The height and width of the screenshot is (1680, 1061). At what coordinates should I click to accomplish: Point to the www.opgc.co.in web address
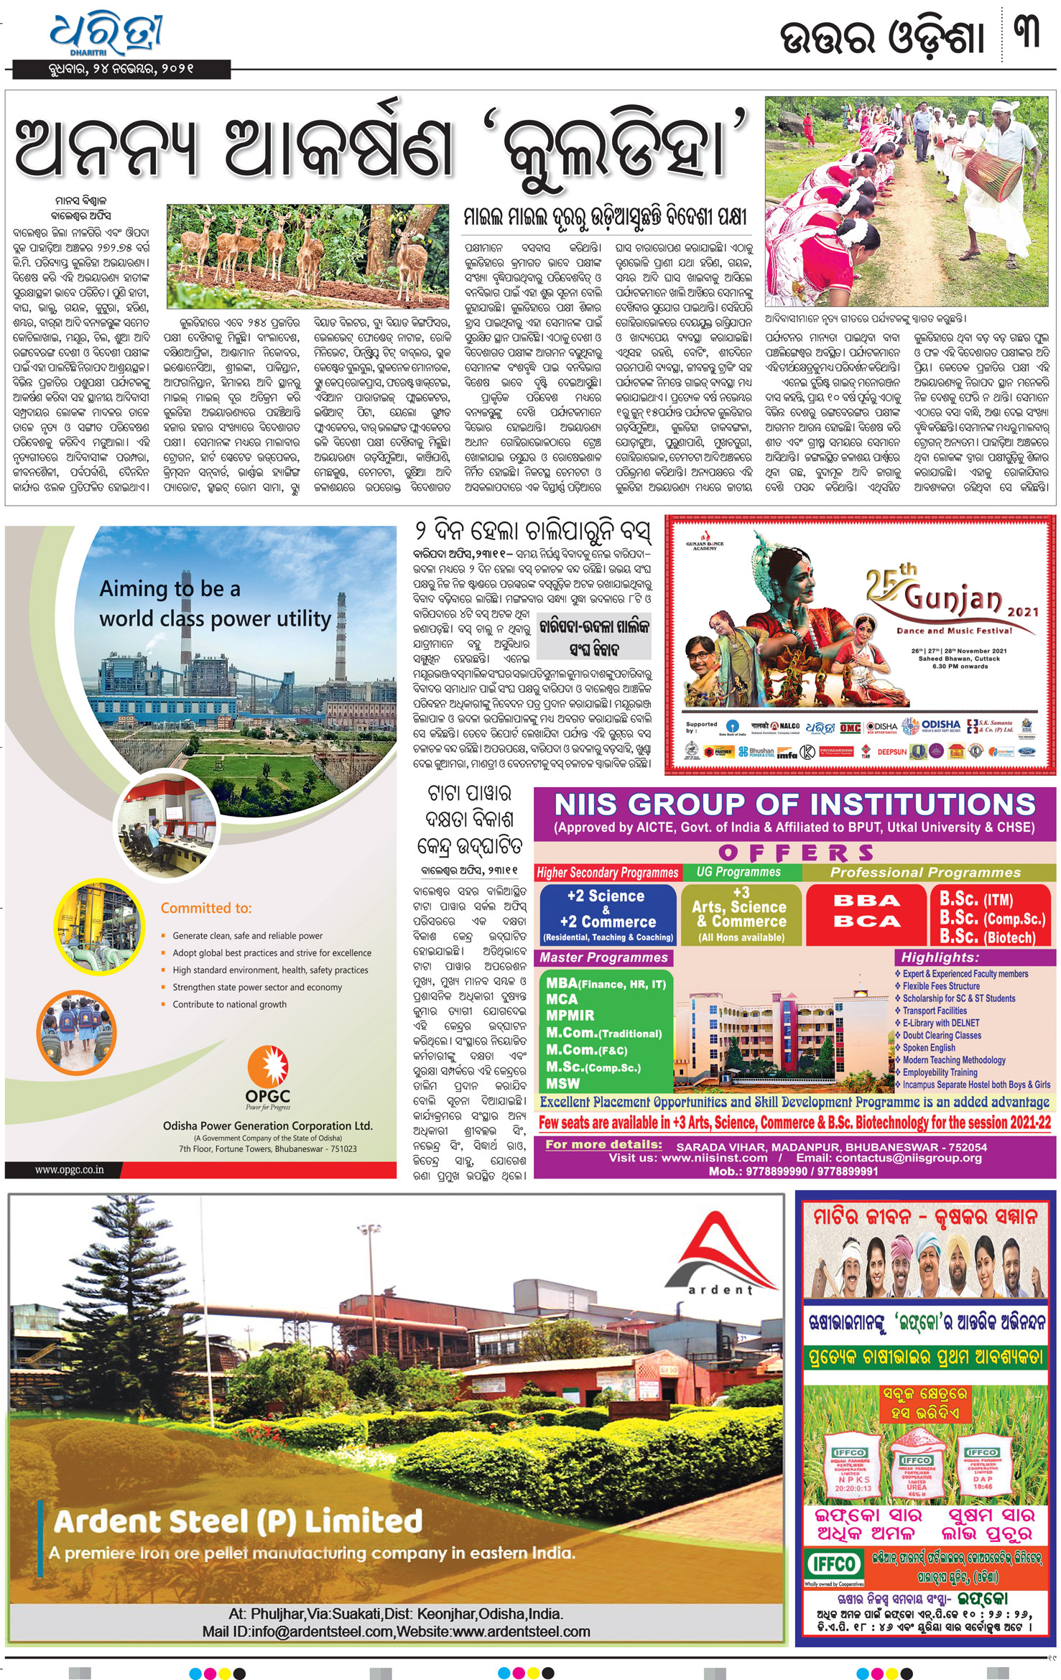click(x=69, y=1170)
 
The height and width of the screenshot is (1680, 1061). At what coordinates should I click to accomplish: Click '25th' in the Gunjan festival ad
click(x=891, y=581)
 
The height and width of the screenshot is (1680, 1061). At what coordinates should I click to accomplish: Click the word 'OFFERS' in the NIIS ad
click(x=796, y=853)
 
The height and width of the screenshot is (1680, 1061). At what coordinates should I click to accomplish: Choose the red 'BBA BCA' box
click(x=866, y=912)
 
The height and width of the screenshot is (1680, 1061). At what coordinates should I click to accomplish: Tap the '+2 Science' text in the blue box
click(x=606, y=896)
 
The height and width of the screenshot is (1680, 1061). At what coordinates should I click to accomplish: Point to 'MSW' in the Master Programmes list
click(x=562, y=1083)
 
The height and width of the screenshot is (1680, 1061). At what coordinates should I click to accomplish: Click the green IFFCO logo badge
click(x=833, y=1564)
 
